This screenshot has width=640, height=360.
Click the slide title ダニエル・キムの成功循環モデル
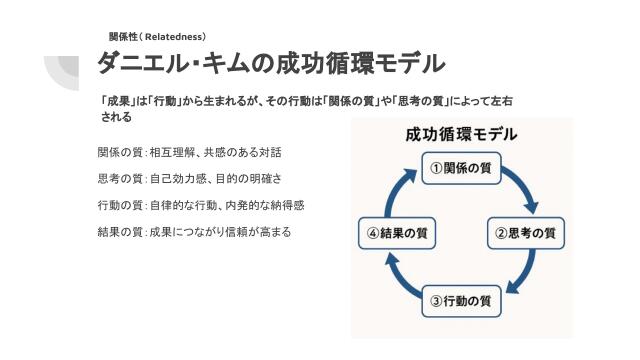(271, 63)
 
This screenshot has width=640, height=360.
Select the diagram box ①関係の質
(460, 168)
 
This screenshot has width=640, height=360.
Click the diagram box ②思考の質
(526, 233)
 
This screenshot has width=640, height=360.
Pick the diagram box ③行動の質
(460, 299)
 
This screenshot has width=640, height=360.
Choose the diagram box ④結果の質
(397, 233)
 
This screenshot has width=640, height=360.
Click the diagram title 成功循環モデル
(461, 135)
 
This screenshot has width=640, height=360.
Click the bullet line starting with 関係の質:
(190, 153)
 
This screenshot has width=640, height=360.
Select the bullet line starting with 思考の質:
(190, 179)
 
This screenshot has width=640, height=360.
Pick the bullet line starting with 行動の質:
(200, 205)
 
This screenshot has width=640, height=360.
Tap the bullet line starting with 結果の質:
(195, 232)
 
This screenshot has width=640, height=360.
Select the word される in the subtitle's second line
(116, 117)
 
